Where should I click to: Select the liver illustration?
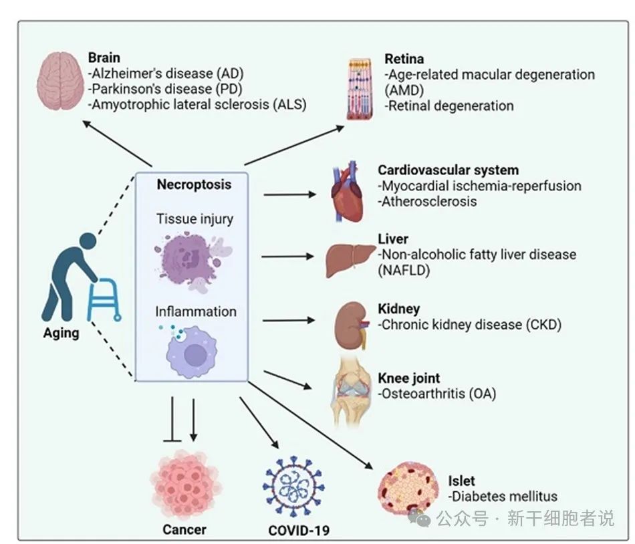coord(351,259)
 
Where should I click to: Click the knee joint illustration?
coord(352,392)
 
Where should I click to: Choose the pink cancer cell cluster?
coord(185,485)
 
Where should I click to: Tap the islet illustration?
coord(408,489)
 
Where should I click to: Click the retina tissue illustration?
coord(360,89)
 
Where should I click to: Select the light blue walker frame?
coord(104,299)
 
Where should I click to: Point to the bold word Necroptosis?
coord(194,184)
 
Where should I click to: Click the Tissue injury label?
coord(195,219)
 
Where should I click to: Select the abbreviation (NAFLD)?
coord(404,270)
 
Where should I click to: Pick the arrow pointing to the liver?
coord(287,257)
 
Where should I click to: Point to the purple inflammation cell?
coord(192,351)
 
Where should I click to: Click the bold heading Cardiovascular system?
coord(449,170)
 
